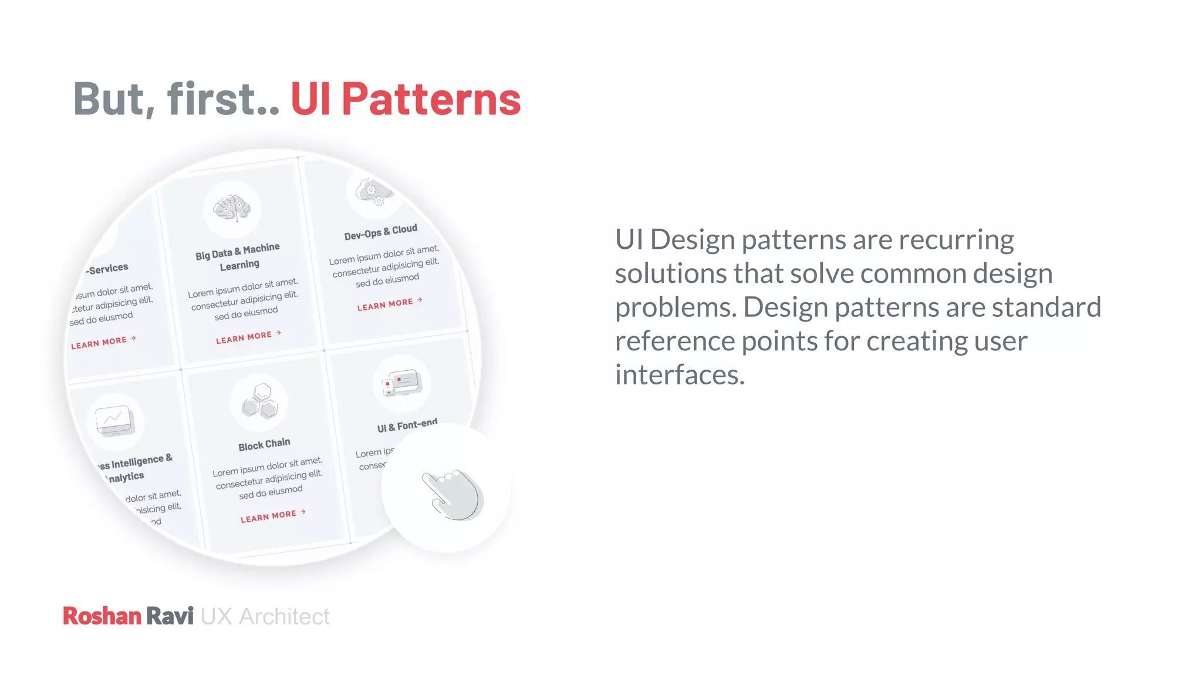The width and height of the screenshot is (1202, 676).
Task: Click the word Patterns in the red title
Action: coord(431,99)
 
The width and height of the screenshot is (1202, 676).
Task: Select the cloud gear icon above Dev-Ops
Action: coord(373,192)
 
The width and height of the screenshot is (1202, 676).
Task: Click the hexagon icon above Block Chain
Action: coord(260,401)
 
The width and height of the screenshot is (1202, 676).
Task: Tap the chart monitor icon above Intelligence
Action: coord(114,420)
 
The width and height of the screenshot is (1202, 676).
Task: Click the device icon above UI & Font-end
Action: coord(402,383)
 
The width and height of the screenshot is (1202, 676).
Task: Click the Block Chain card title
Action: coord(264,444)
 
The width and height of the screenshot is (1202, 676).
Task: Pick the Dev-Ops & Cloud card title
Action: coord(380,232)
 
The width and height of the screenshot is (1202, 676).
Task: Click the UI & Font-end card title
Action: coord(407,425)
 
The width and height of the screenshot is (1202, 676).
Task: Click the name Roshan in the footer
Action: coord(102,616)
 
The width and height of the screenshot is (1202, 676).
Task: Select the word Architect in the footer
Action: coord(284,617)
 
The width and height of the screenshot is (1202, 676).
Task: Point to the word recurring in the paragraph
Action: coord(955,240)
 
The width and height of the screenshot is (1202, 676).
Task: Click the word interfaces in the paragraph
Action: coord(679,375)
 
